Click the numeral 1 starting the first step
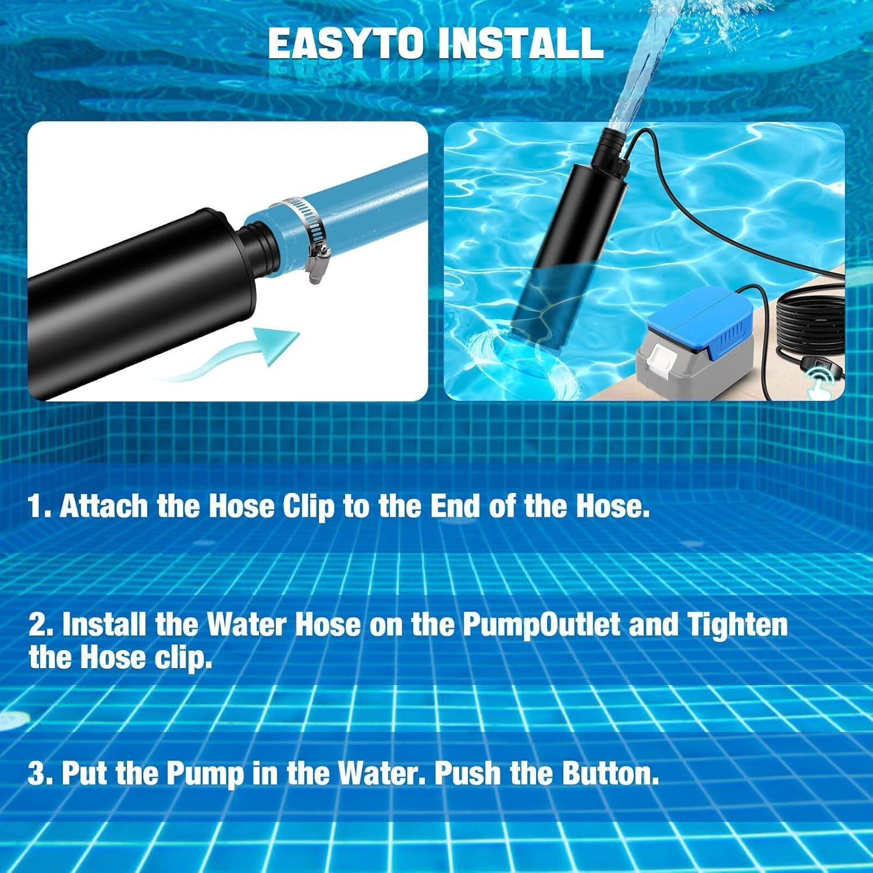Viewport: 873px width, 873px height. tap(37, 506)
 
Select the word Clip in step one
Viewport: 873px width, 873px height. tap(308, 506)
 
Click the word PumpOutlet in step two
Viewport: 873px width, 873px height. tap(541, 625)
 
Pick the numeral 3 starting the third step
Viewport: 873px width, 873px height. tap(38, 774)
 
